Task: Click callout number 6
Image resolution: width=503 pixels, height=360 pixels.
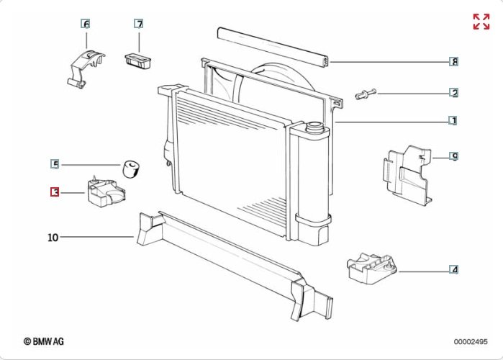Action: tap(86, 24)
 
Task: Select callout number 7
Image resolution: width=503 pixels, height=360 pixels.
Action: tap(139, 24)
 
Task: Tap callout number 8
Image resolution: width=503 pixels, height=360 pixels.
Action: tap(454, 62)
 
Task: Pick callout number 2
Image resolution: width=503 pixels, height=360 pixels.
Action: tap(454, 93)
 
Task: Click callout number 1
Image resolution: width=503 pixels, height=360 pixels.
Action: tap(453, 121)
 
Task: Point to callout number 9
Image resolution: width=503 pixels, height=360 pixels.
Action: tap(454, 156)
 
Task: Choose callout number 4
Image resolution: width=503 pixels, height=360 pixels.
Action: tap(454, 270)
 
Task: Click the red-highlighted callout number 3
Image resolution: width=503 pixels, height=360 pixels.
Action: tap(55, 192)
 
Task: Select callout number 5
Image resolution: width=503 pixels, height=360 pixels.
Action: tap(55, 164)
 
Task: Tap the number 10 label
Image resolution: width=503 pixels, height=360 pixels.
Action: tap(53, 237)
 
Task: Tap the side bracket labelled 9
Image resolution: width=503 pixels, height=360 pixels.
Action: tap(407, 173)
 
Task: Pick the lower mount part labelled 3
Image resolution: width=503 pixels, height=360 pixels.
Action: tap(105, 192)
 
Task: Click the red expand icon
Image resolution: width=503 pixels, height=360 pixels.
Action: tap(481, 22)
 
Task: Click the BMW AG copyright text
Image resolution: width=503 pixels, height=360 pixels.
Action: tap(44, 341)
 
